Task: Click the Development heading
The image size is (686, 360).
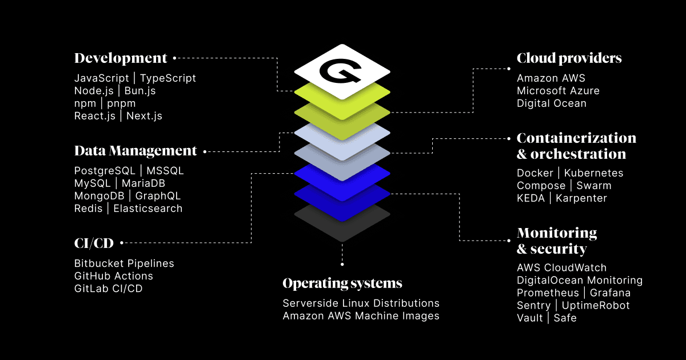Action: click(x=121, y=58)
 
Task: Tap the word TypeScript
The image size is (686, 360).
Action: click(x=168, y=78)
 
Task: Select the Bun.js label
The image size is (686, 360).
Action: click(x=139, y=91)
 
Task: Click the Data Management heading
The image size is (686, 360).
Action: click(x=135, y=151)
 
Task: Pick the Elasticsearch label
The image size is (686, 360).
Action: click(x=148, y=209)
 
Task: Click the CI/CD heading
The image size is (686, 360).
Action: click(x=94, y=244)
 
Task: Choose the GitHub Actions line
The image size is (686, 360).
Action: click(x=114, y=276)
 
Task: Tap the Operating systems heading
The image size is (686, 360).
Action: click(x=342, y=283)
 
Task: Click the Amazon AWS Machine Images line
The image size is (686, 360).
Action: click(x=361, y=316)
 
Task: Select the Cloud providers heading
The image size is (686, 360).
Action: click(x=569, y=58)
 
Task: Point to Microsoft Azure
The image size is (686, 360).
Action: click(x=558, y=91)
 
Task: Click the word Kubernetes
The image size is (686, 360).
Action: click(x=594, y=173)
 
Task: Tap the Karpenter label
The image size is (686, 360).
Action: click(x=581, y=198)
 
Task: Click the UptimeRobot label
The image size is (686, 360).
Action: click(x=596, y=306)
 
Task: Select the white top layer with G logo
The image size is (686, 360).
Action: click(x=342, y=71)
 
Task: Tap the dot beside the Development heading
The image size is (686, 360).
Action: click(x=174, y=58)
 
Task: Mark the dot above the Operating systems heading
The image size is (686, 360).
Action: click(x=342, y=264)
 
